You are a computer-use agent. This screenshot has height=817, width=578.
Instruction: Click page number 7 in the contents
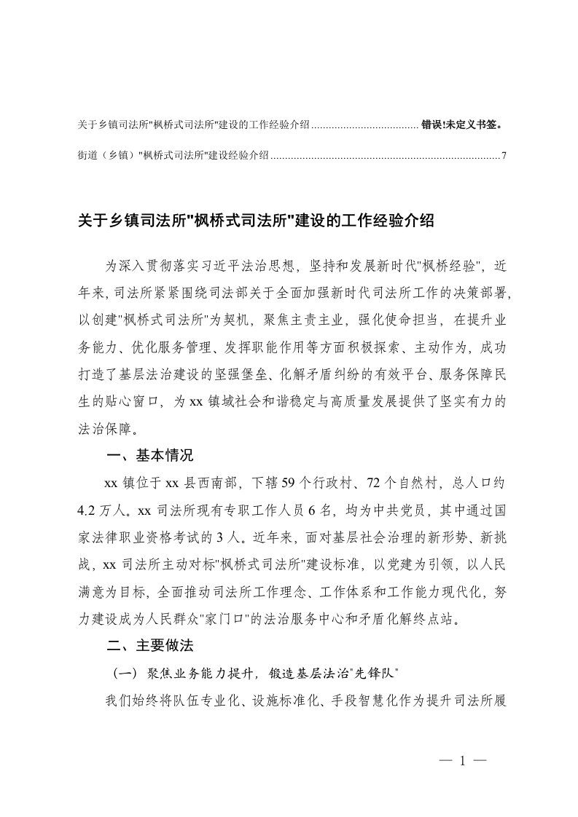click(x=504, y=155)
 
